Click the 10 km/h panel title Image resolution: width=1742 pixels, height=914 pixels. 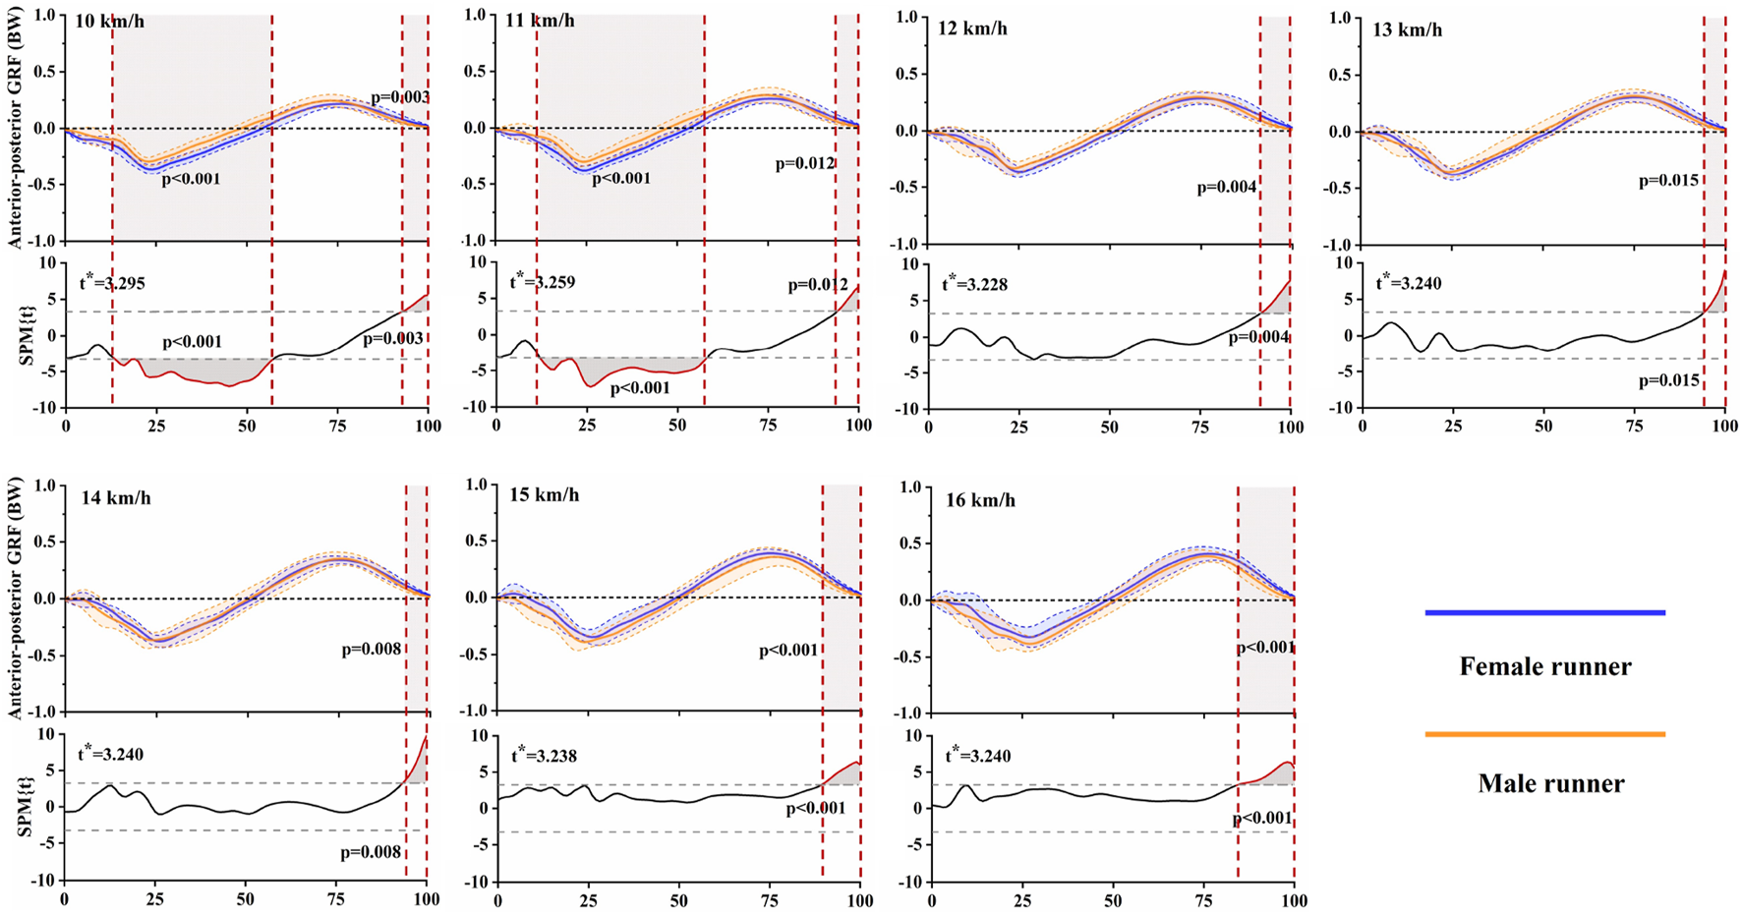point(110,21)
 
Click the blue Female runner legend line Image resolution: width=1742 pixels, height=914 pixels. point(1544,612)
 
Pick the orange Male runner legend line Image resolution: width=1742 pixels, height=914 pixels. point(1544,734)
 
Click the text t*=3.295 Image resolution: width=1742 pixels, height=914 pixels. point(111,283)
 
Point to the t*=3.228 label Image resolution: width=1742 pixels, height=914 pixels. point(974,284)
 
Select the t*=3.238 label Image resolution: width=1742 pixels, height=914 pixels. point(543,756)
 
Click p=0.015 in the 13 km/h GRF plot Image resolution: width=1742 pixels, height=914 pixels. point(1668,181)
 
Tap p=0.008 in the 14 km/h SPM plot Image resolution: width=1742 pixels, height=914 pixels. point(371,853)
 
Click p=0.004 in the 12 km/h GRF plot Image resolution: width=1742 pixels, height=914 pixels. point(1227,186)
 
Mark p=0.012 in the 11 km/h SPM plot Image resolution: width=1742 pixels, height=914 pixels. point(818,285)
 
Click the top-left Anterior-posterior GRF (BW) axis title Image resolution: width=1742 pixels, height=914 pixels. point(15,128)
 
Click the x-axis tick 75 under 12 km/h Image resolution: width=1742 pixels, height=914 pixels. point(1199,428)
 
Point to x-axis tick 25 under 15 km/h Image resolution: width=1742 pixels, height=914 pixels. point(588,899)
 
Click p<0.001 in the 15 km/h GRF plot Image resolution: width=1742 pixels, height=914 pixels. point(788,651)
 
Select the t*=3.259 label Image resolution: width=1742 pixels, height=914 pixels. point(542,282)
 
